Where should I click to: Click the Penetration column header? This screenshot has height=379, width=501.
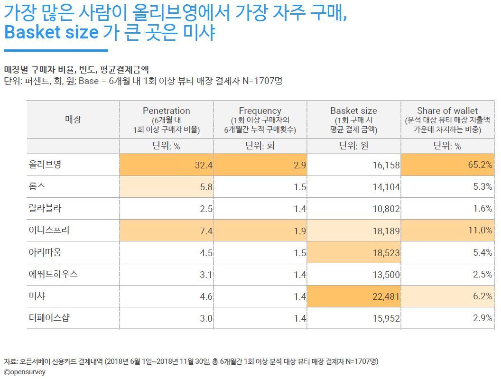click(x=166, y=111)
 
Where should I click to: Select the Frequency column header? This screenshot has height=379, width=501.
click(x=260, y=111)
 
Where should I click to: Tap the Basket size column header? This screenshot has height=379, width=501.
click(x=353, y=111)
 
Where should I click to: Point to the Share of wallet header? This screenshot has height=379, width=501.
click(x=447, y=111)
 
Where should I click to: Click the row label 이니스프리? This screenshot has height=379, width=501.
click(x=49, y=231)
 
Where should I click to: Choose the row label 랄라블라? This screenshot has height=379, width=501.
click(x=45, y=208)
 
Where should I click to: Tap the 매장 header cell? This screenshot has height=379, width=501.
click(x=73, y=119)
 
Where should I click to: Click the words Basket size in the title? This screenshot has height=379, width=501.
click(x=51, y=32)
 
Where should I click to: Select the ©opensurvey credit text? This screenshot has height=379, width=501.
click(x=25, y=372)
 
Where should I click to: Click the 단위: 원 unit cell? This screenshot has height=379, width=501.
click(x=353, y=146)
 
